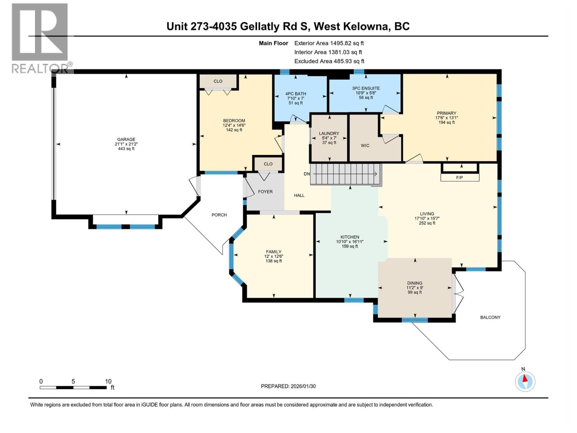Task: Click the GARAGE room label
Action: point(126,139)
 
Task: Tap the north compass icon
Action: point(525,381)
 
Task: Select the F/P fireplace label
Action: point(459,178)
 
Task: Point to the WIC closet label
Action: point(365,145)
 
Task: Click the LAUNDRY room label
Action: point(329,133)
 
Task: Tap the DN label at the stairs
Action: point(307,174)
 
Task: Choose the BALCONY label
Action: point(490,317)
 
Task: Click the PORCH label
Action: point(219,215)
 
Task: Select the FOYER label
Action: point(265,192)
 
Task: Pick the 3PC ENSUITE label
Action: point(366,88)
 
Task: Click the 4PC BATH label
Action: point(296,94)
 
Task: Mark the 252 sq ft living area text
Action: point(427,223)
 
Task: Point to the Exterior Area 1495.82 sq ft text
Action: point(329,43)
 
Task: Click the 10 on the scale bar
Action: point(108,381)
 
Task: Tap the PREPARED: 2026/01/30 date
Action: point(288,386)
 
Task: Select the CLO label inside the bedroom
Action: point(218,81)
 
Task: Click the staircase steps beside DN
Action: point(344,174)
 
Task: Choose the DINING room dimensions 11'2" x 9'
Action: point(415,288)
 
